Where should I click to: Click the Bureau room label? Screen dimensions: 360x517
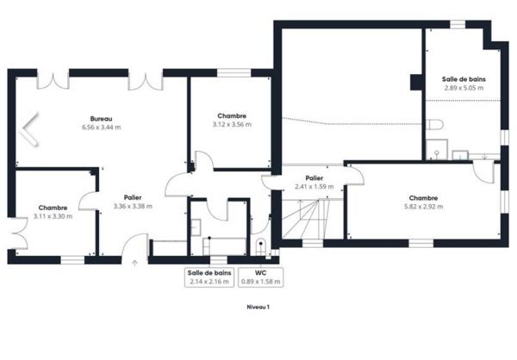(x=101, y=118)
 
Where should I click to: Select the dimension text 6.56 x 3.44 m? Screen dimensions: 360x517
(x=101, y=127)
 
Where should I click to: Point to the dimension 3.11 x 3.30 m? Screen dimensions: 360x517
(x=53, y=215)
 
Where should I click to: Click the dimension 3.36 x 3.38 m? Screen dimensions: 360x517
(x=133, y=206)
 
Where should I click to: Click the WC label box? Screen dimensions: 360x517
(x=260, y=276)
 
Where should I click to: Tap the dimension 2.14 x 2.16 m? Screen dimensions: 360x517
(x=209, y=281)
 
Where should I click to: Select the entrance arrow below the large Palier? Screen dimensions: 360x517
(x=134, y=264)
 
